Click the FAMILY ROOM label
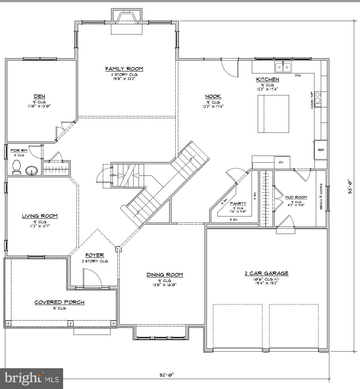[124, 69]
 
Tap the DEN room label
[39, 97]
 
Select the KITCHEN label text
[267, 80]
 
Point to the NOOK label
[213, 97]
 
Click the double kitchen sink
[283, 68]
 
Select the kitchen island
[273, 114]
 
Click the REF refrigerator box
[321, 150]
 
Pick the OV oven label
[281, 162]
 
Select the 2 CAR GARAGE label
[266, 273]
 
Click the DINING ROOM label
[165, 275]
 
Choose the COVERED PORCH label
[59, 302]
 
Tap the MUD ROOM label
[296, 197]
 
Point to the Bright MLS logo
[32, 378]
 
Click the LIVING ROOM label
[40, 216]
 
